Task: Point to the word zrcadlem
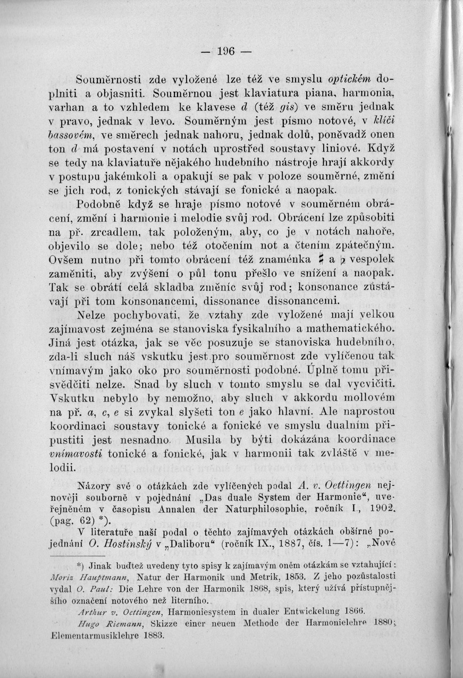114,232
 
